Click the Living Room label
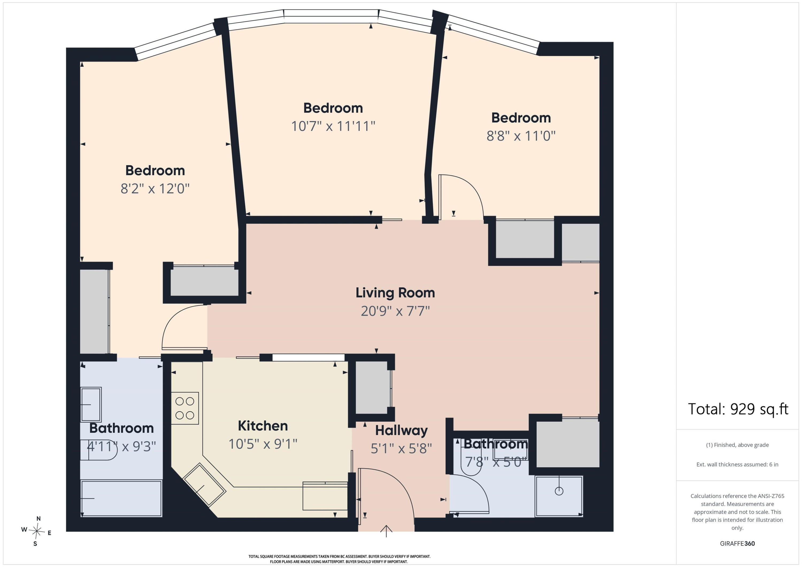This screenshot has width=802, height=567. click(395, 293)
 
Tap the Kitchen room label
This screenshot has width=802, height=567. click(263, 426)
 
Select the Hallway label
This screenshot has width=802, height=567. click(401, 431)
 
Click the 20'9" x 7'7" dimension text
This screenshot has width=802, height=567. click(395, 311)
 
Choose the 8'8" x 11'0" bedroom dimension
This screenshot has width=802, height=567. click(521, 136)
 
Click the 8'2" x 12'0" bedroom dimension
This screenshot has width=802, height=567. click(155, 189)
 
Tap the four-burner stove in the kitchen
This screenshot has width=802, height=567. click(185, 408)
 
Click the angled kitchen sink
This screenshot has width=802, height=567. click(205, 485)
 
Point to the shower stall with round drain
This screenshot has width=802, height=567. click(559, 496)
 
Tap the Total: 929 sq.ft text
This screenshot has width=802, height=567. click(738, 409)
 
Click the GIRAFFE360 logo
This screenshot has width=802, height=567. click(737, 543)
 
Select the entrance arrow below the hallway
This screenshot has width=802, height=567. click(386, 531)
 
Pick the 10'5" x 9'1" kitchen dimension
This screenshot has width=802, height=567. click(263, 444)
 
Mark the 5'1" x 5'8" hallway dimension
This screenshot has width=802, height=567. click(401, 449)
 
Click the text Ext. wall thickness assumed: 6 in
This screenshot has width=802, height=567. click(737, 464)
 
